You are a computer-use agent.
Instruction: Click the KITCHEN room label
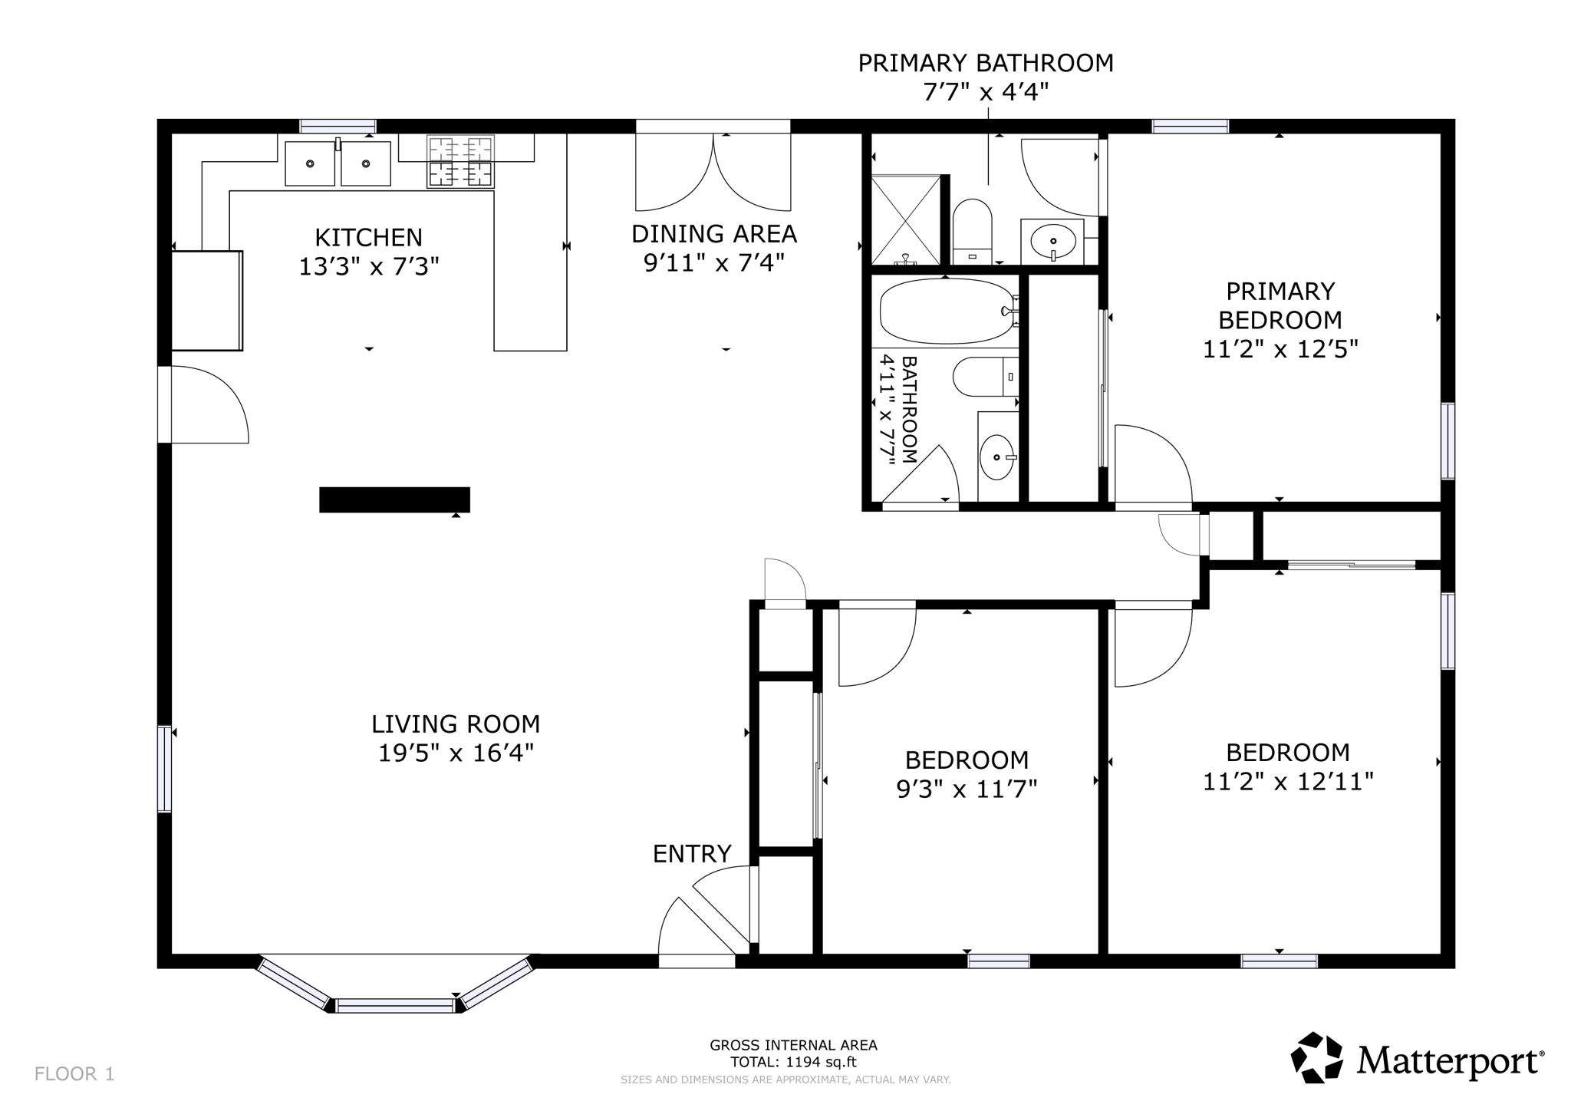coord(368,237)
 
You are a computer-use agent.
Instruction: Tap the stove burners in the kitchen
coord(460,161)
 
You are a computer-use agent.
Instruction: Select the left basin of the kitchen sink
coord(310,163)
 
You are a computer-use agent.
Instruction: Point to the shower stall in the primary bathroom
coord(906,219)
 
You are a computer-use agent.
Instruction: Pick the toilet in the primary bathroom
coord(972,228)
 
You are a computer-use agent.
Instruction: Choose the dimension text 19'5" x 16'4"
coord(456,753)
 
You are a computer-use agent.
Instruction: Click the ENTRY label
coord(692,854)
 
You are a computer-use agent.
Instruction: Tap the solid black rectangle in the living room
coord(394,499)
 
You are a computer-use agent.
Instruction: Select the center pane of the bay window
coord(395,1005)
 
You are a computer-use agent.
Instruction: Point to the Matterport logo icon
coord(1316,1057)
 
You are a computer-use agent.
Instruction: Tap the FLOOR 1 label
coord(74,1074)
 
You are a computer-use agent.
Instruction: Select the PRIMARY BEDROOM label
coord(1280,305)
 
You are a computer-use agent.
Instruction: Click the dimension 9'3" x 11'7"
coord(967,790)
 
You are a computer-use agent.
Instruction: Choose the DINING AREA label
coord(713,233)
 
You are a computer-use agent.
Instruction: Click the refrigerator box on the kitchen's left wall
coord(206,301)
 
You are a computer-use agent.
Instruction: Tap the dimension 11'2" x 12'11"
coord(1287,782)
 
